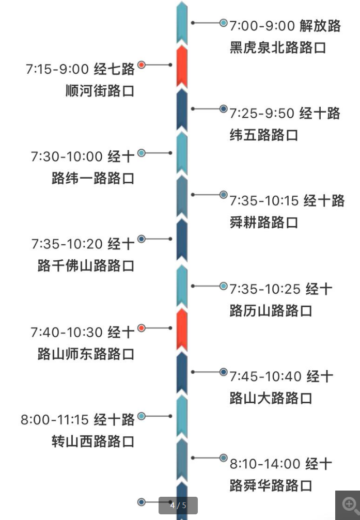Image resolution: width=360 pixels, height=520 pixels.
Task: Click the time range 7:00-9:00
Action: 262,26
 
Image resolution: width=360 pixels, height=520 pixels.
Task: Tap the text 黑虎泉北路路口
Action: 278,48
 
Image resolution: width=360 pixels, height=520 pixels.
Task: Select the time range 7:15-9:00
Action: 58,69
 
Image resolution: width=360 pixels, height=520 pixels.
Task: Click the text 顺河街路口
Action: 100,91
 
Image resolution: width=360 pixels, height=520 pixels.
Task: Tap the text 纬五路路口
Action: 264,135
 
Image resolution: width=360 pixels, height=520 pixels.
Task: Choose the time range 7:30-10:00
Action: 67,156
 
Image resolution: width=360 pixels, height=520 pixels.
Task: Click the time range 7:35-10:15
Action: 264,200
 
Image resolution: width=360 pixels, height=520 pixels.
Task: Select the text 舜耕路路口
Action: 264,223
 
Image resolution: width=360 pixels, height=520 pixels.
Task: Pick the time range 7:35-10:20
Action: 67,244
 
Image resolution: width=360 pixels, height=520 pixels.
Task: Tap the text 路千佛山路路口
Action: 86,266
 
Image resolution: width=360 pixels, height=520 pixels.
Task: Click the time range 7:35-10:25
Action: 265,289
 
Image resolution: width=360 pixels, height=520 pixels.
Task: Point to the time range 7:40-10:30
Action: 67,332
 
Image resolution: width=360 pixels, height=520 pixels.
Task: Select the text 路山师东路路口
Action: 86,354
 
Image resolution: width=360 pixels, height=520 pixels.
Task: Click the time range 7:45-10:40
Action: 265,376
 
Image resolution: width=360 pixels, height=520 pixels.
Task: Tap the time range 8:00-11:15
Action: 55,419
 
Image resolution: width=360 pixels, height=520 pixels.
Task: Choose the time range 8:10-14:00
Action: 265,464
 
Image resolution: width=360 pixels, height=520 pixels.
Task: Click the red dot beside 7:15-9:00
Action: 142,65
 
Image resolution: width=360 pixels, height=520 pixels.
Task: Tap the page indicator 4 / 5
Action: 178,506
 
